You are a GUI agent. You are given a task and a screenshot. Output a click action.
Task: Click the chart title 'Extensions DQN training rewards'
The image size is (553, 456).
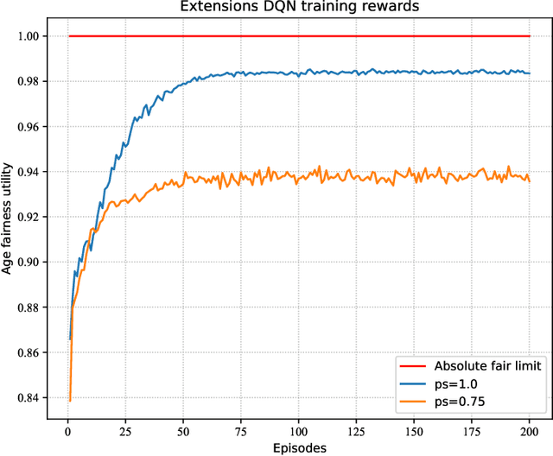tap(299, 7)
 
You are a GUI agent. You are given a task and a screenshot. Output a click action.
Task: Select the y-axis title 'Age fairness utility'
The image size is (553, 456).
tap(8, 218)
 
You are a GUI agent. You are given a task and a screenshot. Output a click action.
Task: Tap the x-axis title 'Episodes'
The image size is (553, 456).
tap(298, 447)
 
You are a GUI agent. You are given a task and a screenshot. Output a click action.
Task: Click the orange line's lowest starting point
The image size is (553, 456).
tap(70, 401)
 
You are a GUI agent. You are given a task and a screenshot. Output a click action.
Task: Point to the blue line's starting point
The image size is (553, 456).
tap(70, 339)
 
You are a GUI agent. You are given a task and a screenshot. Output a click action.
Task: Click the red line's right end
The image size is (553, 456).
tap(530, 36)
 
